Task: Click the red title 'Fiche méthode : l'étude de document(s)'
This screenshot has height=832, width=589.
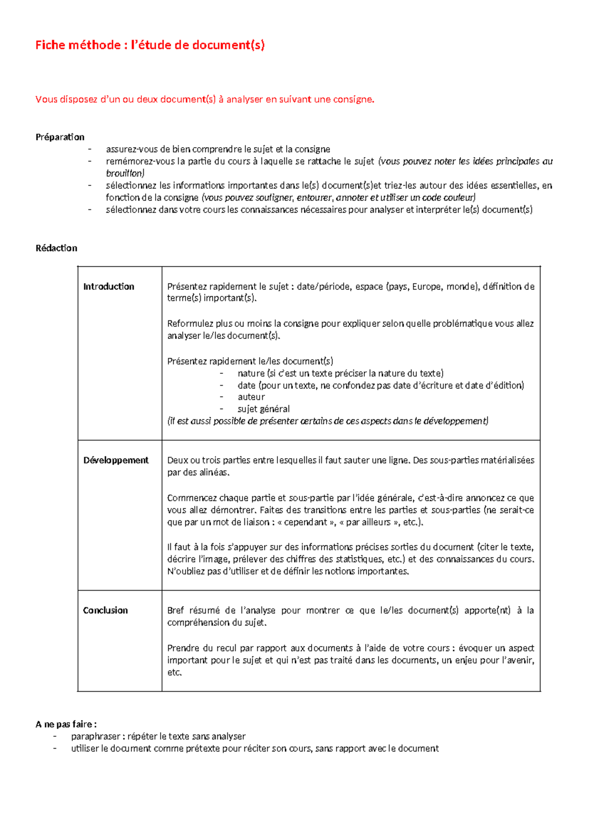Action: (x=150, y=45)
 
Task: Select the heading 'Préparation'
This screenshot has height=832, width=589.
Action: (x=60, y=137)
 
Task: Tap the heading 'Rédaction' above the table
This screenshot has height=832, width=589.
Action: (x=56, y=248)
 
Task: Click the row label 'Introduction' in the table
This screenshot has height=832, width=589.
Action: (x=108, y=286)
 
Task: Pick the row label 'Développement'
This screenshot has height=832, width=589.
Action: (x=116, y=460)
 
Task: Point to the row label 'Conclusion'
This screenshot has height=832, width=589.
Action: (x=105, y=610)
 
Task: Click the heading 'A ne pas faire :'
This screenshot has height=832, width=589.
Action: (x=66, y=724)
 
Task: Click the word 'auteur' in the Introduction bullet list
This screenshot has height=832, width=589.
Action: (x=251, y=397)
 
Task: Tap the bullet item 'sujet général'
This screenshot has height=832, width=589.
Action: (x=264, y=409)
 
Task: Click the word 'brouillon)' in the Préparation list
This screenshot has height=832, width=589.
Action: (x=125, y=173)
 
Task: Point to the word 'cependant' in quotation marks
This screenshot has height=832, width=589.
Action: (x=305, y=522)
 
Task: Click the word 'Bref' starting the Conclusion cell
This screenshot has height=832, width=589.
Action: (x=175, y=610)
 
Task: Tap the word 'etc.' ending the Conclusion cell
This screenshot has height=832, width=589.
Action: (x=174, y=672)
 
